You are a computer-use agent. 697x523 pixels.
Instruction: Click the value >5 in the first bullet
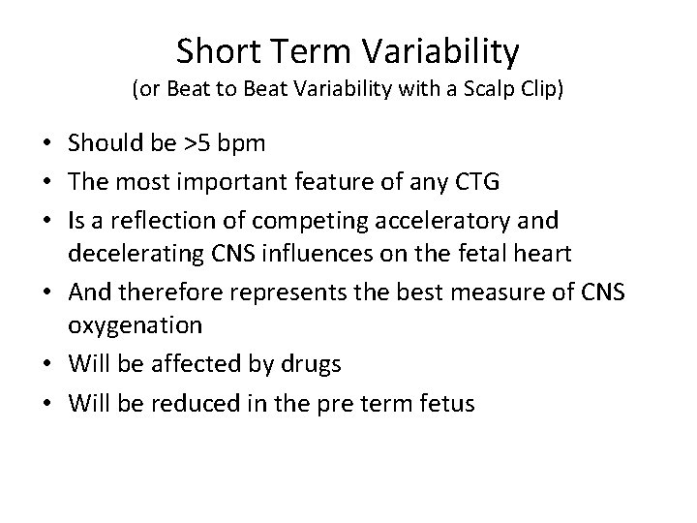pyautogui.click(x=198, y=144)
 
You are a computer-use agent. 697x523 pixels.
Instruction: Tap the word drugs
pyautogui.click(x=308, y=364)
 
